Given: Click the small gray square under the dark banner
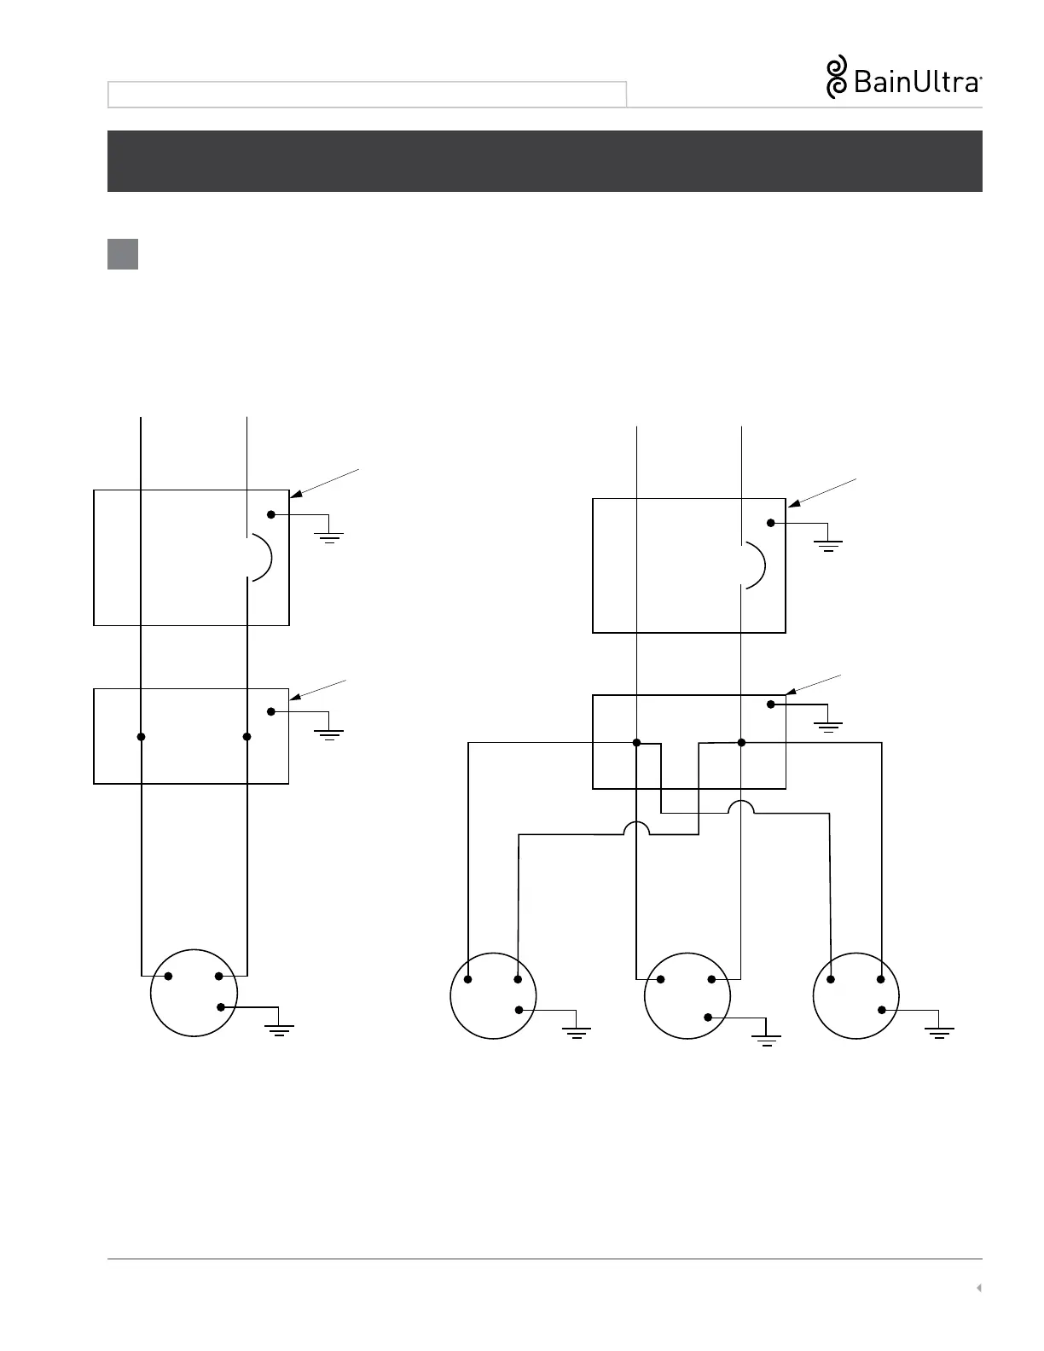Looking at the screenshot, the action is coord(123,254).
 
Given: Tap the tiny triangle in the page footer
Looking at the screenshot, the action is coord(979,1288).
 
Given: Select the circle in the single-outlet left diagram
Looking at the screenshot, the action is coord(194,993).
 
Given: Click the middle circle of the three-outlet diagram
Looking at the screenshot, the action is coord(687,996).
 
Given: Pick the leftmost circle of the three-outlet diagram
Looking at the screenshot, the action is coord(493,996).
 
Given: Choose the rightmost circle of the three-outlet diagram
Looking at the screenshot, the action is coord(856,996).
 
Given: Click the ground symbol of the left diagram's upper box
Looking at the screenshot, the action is coord(328,536).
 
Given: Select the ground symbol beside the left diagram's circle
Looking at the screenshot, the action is coord(280,1029).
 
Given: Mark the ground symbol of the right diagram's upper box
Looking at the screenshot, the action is coord(828,545).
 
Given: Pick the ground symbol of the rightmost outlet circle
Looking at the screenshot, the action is coord(939,1032).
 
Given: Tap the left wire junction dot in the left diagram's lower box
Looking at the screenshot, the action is coord(142,737).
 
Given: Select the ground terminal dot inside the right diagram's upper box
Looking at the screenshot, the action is coord(771,523).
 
